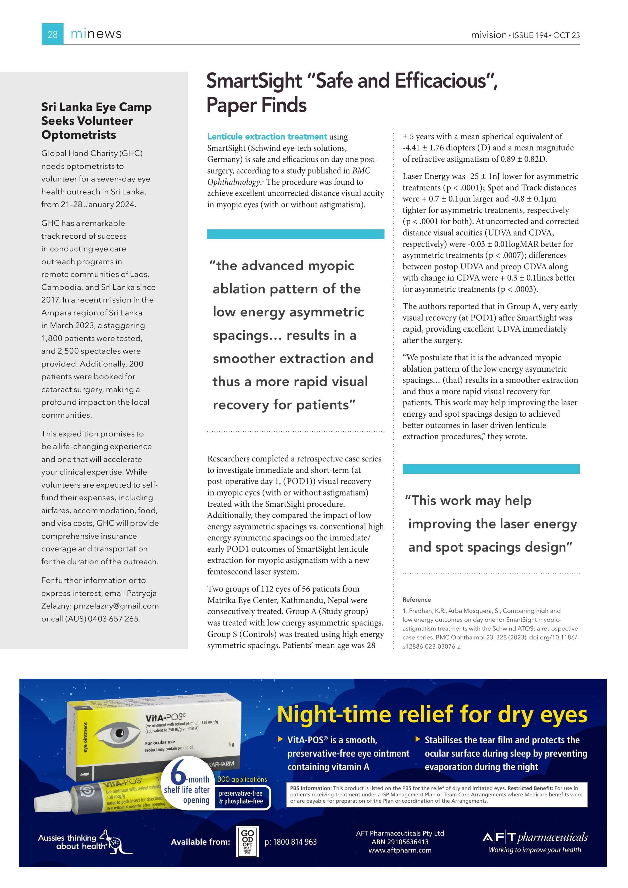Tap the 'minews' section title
(96, 34)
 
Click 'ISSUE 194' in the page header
(530, 35)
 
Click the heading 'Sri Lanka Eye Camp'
(96, 107)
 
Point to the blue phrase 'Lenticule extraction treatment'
(267, 137)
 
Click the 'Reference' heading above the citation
(417, 600)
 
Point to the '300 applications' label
(242, 779)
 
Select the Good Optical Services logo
(248, 842)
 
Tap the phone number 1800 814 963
(291, 842)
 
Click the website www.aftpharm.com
(400, 850)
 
